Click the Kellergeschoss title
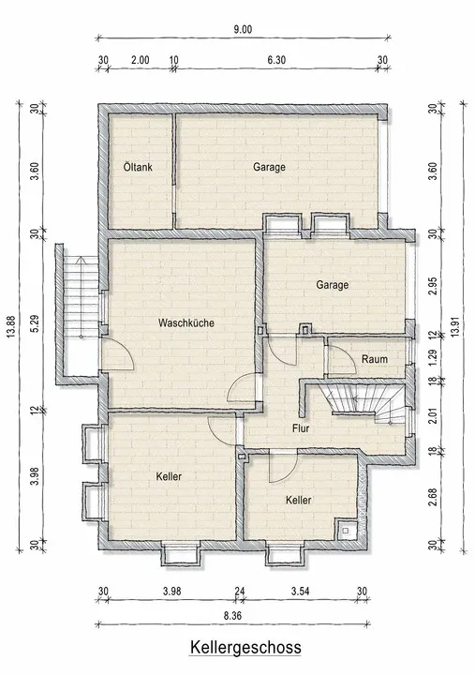245,647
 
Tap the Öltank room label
138,167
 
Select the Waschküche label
186,322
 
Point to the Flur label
301,428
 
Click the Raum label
375,359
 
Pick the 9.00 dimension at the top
243,29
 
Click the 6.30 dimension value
276,59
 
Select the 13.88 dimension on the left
11,327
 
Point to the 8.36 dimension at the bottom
232,616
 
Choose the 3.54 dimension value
300,591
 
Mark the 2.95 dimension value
433,285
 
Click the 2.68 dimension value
433,497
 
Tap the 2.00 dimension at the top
141,59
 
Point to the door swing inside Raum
347,353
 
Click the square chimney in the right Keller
346,530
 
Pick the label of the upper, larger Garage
269,167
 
